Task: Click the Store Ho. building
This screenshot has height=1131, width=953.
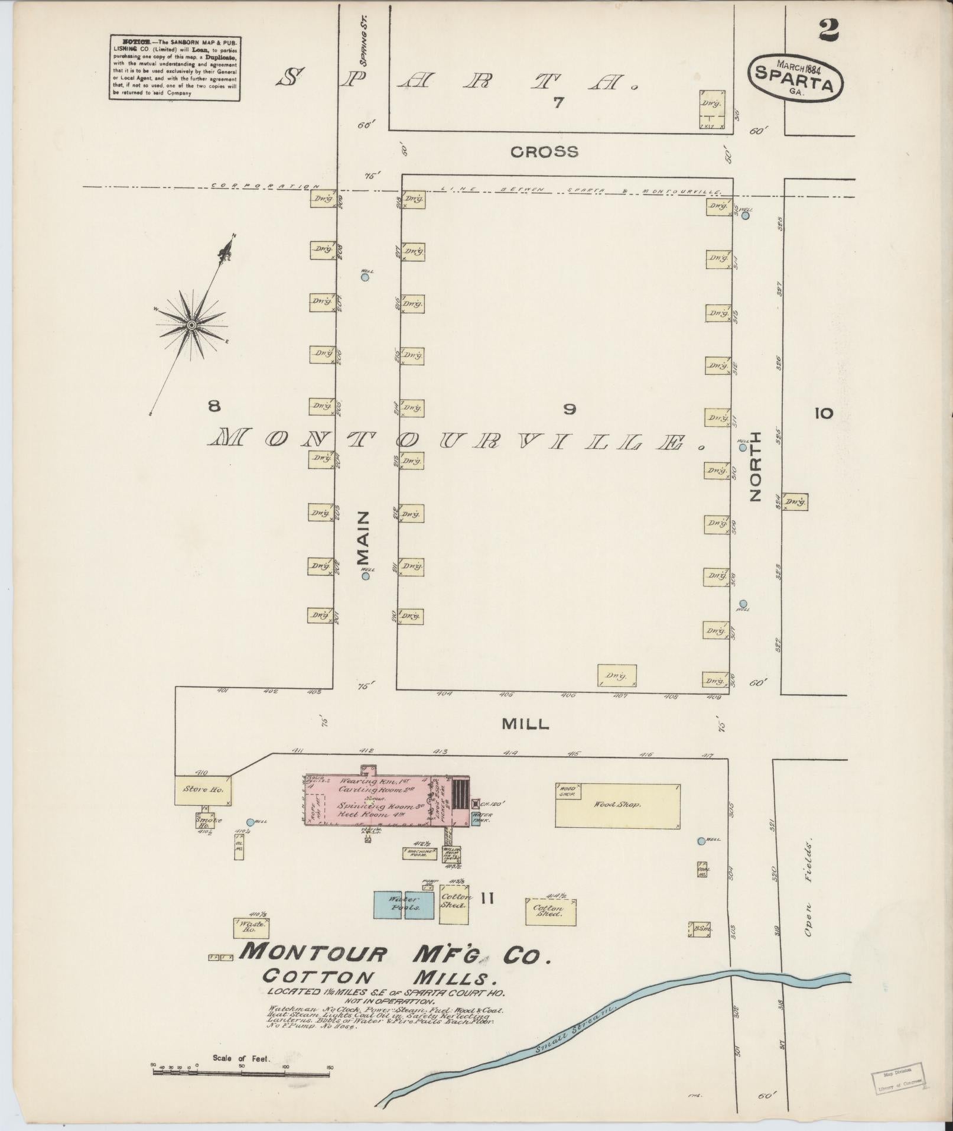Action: click(x=203, y=790)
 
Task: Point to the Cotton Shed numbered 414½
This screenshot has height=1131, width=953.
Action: click(x=551, y=928)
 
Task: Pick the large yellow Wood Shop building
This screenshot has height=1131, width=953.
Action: click(x=617, y=805)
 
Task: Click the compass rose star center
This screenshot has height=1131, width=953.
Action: click(x=191, y=325)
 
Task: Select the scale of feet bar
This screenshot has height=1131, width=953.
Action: click(x=241, y=1071)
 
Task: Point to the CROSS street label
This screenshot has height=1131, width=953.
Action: click(x=544, y=152)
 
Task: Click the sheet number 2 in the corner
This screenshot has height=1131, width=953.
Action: click(x=828, y=30)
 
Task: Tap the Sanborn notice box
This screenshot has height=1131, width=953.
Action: click(x=174, y=68)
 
